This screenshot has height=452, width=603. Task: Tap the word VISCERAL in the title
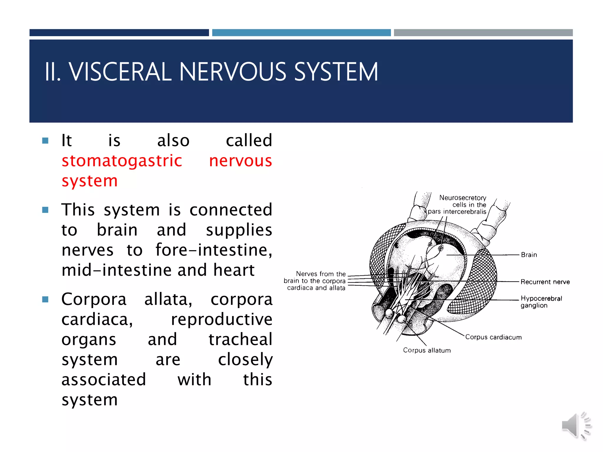pos(120,72)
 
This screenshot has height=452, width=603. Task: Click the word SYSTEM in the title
pos(336,72)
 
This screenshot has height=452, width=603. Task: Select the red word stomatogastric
pos(122,161)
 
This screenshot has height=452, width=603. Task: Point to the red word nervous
pos(240,161)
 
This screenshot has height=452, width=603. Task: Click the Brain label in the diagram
pos(529,255)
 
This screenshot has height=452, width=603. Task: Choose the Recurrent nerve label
pos(545,282)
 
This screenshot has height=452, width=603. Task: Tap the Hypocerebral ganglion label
pos(541,302)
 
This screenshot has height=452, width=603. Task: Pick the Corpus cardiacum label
pos(493,337)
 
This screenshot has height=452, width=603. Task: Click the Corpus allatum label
pos(427,350)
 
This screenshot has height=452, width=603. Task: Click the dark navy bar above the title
pos(119,33)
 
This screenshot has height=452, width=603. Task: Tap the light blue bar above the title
pos(301,33)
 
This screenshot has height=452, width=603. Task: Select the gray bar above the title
pos(483,33)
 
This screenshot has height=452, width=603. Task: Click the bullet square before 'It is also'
pos(45,141)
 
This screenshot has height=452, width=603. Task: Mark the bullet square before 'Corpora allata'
pos(45,300)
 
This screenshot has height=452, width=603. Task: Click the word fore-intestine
pos(213,250)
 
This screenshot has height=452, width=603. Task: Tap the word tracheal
pos(240,339)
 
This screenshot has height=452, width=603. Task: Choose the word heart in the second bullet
pos(234,270)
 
